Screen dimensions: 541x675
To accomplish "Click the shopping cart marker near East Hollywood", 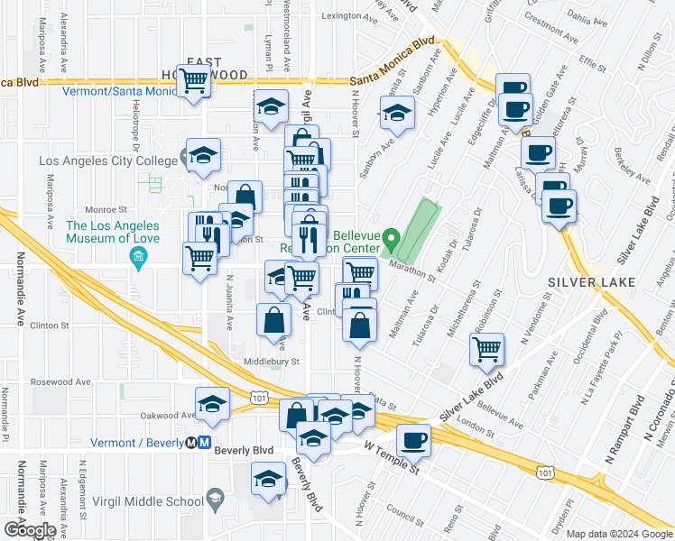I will coord(195,80).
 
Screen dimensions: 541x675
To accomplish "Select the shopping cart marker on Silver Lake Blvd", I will coord(487,348).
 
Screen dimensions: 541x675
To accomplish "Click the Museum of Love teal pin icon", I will coord(139,260).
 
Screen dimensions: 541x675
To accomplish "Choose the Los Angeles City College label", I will coord(108,161).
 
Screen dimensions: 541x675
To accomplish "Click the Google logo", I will coord(29,529).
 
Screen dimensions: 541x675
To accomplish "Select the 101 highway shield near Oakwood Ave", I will coord(259,396).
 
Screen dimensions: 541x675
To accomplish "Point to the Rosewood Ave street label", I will coord(59,381).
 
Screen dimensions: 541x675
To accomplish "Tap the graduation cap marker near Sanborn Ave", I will coord(395,114).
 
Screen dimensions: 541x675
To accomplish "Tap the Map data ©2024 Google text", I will coord(618,534).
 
